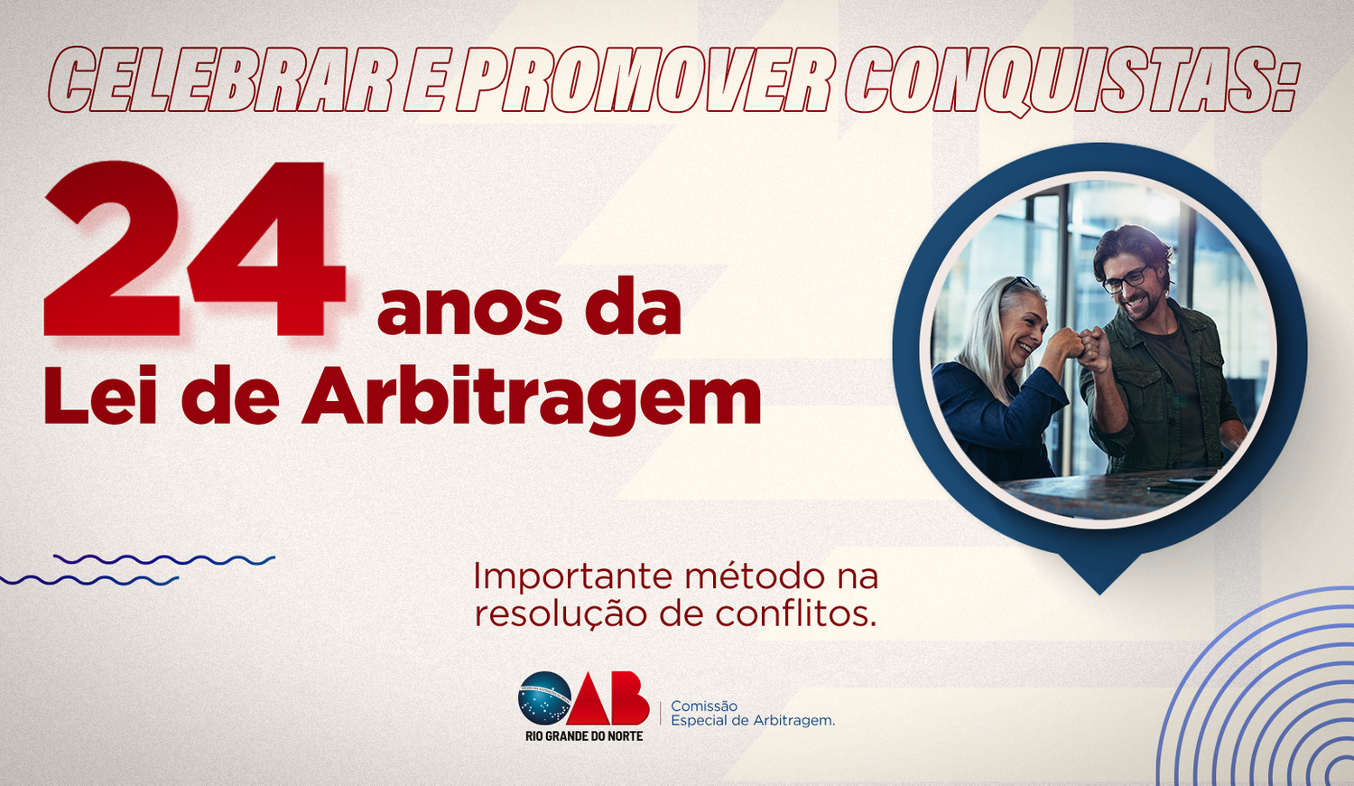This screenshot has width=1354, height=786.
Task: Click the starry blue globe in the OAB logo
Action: tap(544, 698)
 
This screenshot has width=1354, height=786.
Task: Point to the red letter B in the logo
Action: tap(629, 698)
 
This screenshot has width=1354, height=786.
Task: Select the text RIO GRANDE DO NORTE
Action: tap(584, 735)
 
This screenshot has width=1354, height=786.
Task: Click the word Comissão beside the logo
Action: tap(704, 706)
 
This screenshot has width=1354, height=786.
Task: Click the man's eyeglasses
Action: tap(1126, 279)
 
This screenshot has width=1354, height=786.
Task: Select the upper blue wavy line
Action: tap(164, 560)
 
